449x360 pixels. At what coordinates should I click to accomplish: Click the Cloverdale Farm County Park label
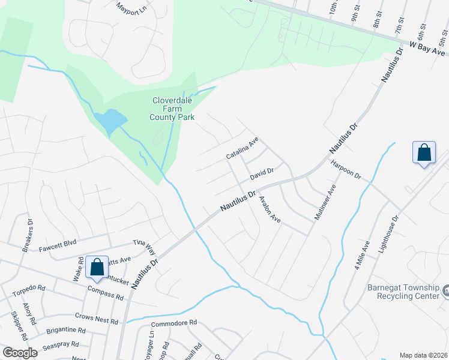[173, 109]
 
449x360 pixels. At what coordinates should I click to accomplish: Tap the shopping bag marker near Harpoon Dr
[424, 152]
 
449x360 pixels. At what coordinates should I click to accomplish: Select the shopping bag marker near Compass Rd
[97, 268]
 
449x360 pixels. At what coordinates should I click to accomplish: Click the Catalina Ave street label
[242, 148]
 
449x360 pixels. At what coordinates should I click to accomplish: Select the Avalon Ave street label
[270, 209]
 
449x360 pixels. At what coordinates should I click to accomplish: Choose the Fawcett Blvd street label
[58, 243]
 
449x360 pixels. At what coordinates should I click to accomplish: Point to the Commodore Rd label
[174, 323]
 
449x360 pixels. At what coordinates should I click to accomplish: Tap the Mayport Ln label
[131, 10]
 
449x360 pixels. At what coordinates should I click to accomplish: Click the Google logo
[20, 352]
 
